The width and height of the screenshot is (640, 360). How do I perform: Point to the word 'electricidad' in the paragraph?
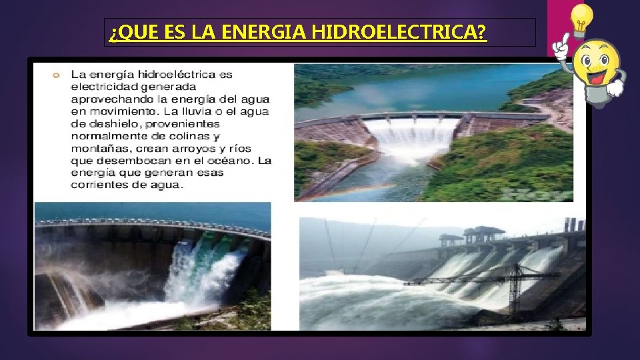pos(101,87)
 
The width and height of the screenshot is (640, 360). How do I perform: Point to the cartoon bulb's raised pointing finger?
pos(563,41)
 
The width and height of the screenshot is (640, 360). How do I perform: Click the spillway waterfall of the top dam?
pos(411,137)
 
